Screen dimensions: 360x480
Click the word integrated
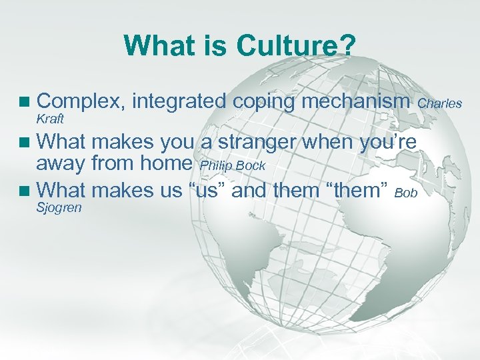point(179,102)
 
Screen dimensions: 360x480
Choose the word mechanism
point(356,101)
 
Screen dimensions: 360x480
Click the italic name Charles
point(440,103)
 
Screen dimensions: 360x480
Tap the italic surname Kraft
point(49,118)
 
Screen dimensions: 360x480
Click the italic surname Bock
point(251,165)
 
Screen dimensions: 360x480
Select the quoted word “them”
point(357,191)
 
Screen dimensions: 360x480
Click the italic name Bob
point(406,193)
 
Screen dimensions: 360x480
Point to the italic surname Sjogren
point(58,207)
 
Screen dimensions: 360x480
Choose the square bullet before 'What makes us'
point(25,191)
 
